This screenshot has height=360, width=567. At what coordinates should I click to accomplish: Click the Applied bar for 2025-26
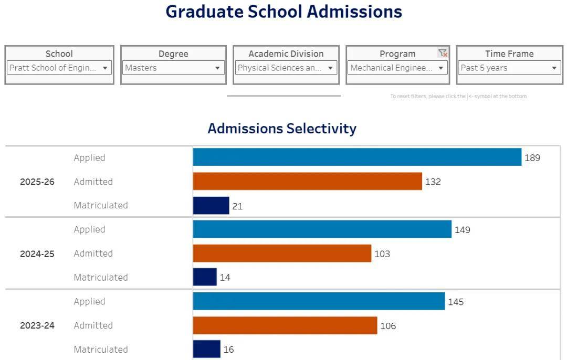point(357,157)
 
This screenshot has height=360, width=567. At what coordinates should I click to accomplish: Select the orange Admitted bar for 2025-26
point(307,181)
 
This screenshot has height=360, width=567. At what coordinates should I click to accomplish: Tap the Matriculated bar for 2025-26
point(211,205)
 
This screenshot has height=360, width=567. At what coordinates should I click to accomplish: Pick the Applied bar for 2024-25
point(322,229)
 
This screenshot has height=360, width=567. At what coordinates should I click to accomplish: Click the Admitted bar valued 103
point(282,253)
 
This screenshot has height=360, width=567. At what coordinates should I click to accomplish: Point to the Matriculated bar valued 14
point(205,277)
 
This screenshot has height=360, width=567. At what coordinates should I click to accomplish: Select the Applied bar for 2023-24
point(319,301)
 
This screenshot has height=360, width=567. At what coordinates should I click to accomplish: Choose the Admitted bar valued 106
point(285,325)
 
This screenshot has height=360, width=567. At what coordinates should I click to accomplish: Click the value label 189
point(532,157)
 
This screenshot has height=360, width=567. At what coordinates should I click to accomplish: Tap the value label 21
point(237,206)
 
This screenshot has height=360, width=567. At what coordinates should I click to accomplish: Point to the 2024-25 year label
point(37,254)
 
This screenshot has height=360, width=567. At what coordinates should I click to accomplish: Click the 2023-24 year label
point(37,326)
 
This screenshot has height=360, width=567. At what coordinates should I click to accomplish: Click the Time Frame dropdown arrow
point(554,68)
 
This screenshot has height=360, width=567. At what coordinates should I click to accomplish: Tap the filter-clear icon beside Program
point(443,53)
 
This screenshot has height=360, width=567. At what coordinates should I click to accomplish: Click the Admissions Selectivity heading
point(282,129)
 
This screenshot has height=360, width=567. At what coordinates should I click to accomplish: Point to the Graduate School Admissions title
point(283,12)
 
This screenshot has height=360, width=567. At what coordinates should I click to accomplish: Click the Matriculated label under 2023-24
point(101,350)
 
